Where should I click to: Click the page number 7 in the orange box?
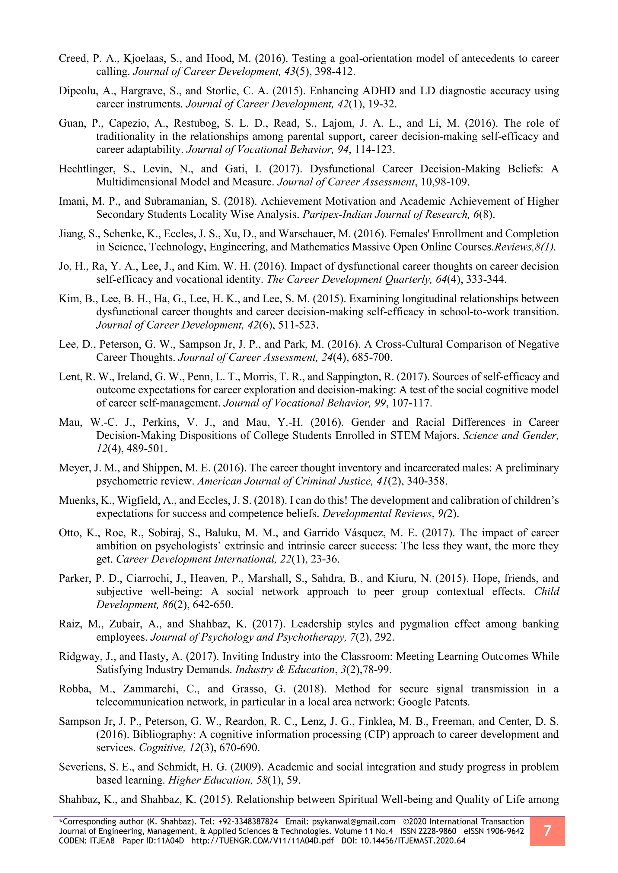(x=547, y=831)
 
